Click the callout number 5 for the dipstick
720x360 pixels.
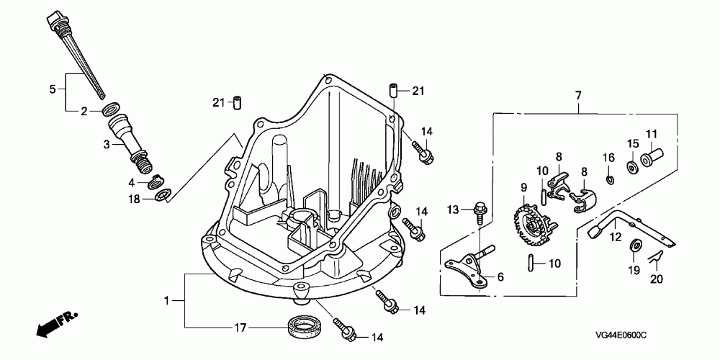pos(52,89)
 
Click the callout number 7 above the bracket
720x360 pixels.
pos(577,94)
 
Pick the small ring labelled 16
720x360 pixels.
pos(609,178)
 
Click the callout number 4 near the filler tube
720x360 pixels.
pos(133,184)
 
